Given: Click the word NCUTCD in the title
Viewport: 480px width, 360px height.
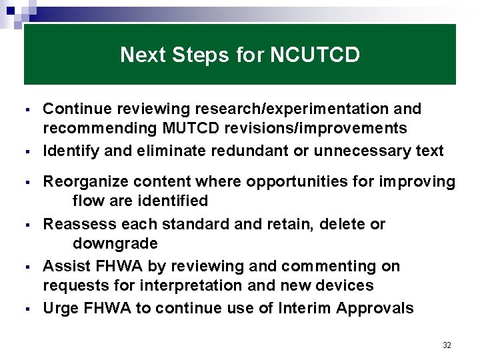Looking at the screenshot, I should pyautogui.click(x=315, y=55).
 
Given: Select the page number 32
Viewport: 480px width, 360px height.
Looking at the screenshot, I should pyautogui.click(x=447, y=345).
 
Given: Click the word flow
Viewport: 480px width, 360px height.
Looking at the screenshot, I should pyautogui.click(x=87, y=201).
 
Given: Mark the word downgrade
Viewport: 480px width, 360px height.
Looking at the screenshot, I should pyautogui.click(x=115, y=243).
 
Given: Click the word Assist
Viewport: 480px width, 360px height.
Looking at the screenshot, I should pyautogui.click(x=65, y=267).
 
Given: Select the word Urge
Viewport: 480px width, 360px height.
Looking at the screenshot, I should pyautogui.click(x=60, y=309).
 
